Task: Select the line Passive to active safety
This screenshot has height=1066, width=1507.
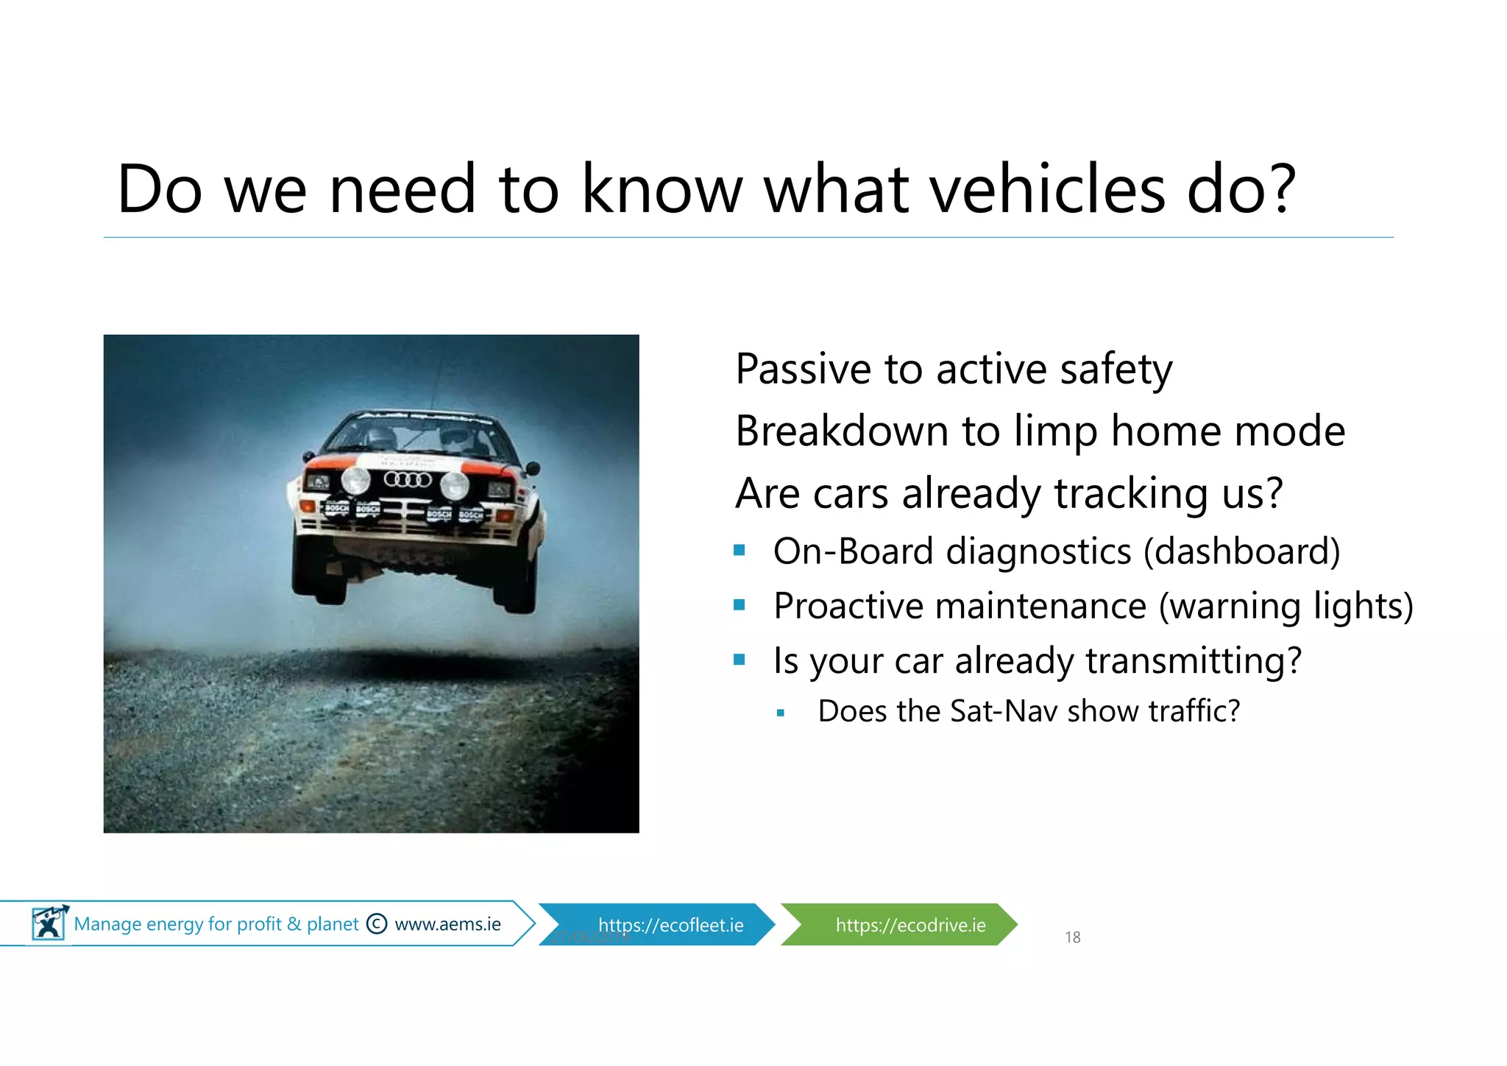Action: tap(954, 370)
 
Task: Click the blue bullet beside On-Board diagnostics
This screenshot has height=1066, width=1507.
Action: tap(740, 551)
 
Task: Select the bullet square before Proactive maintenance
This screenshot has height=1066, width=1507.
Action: tap(740, 605)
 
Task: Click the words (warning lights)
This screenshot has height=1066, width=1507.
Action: tap(1286, 607)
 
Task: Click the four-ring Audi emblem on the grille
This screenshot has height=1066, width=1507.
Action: tap(408, 480)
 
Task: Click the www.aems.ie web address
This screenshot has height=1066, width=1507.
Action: tap(447, 924)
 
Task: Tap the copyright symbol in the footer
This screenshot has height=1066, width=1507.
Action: tap(377, 924)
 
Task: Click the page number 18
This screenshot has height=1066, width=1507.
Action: tap(1072, 937)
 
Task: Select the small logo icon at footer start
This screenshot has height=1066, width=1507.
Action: tap(49, 923)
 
